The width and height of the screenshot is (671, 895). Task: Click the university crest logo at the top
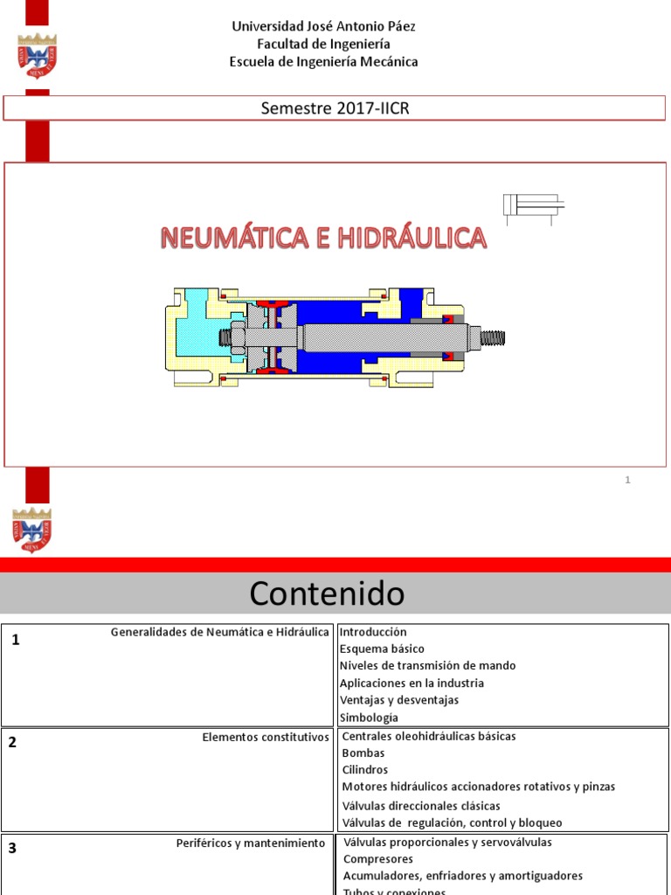pyautogui.click(x=37, y=56)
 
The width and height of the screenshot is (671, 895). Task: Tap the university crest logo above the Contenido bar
pyautogui.click(x=32, y=530)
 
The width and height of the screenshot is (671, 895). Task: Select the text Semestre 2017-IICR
pyautogui.click(x=335, y=108)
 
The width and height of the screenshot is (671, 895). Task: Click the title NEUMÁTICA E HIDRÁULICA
pyautogui.click(x=322, y=238)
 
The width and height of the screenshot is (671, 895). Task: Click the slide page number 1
pyautogui.click(x=627, y=480)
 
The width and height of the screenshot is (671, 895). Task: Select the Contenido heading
pyautogui.click(x=327, y=594)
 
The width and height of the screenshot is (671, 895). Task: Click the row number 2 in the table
pyautogui.click(x=12, y=743)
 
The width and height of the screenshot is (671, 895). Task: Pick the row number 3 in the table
pyautogui.click(x=12, y=848)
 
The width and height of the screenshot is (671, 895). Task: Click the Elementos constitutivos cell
pyautogui.click(x=266, y=737)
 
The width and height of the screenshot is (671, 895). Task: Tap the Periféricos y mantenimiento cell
pyautogui.click(x=250, y=843)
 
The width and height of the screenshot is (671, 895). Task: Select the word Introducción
pyautogui.click(x=373, y=632)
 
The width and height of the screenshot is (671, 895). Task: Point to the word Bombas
pyautogui.click(x=363, y=753)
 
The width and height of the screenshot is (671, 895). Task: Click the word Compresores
pyautogui.click(x=378, y=859)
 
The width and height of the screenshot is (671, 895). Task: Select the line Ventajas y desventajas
pyautogui.click(x=398, y=700)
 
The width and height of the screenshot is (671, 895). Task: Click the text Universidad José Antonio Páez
pyautogui.click(x=323, y=26)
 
